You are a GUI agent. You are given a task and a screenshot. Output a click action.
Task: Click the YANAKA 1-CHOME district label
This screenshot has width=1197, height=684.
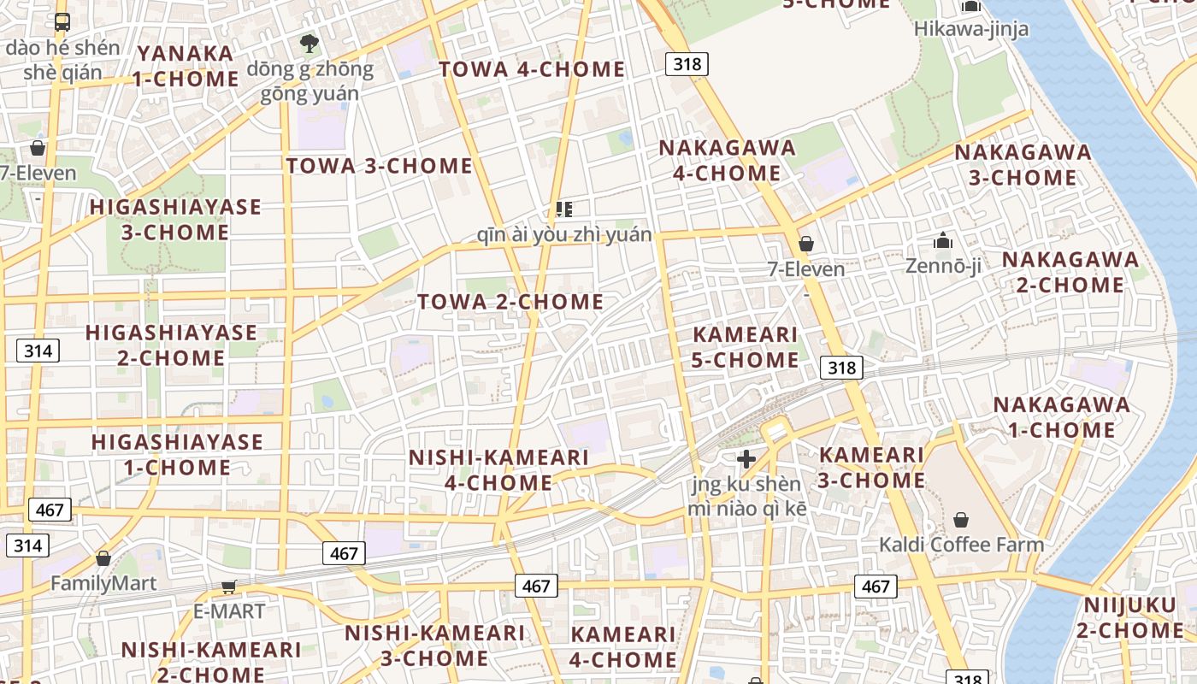pos(187,66)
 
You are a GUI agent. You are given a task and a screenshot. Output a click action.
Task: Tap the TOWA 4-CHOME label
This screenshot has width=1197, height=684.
pos(532,69)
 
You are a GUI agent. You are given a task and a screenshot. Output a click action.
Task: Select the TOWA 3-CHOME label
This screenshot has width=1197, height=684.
pos(379,166)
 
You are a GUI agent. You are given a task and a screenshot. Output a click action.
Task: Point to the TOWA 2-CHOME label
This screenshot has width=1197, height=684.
pos(510,302)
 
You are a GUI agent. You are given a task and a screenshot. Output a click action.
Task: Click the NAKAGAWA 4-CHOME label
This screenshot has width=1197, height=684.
pos(727,160)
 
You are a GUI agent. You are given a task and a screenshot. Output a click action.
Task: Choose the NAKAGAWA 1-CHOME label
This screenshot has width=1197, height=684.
pos(1060,416)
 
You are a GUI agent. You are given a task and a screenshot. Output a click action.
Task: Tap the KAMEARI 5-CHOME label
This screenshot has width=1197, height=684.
pos(745,347)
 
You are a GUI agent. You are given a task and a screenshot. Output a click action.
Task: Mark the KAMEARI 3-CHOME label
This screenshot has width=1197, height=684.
pos(870,467)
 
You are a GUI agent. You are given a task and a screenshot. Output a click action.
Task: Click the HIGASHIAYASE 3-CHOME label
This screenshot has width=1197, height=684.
pos(175,220)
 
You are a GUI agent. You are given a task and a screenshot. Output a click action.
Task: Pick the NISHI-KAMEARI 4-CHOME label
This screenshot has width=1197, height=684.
pos(498,469)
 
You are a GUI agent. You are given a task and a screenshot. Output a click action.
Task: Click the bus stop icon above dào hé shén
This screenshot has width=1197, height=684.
pos(62,22)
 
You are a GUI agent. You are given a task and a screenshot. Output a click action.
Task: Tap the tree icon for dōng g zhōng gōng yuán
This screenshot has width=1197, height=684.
pos(309,43)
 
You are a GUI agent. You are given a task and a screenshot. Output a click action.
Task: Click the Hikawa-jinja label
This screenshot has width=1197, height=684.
pos(970,28)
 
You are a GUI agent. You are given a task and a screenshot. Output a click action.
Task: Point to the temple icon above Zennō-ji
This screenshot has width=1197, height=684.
pos(943,241)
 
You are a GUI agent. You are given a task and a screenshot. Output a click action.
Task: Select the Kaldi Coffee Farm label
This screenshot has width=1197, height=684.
pos(961,545)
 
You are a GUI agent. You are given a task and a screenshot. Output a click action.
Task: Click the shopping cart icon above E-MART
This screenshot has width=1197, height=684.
pos(228,587)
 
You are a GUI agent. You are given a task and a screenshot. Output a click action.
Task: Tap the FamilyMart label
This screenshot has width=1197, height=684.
pos(103,583)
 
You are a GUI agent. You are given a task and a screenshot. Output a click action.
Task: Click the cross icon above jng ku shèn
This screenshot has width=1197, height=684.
pos(746,459)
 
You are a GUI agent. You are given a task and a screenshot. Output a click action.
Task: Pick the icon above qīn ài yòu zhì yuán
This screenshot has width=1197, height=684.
pos(563,209)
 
